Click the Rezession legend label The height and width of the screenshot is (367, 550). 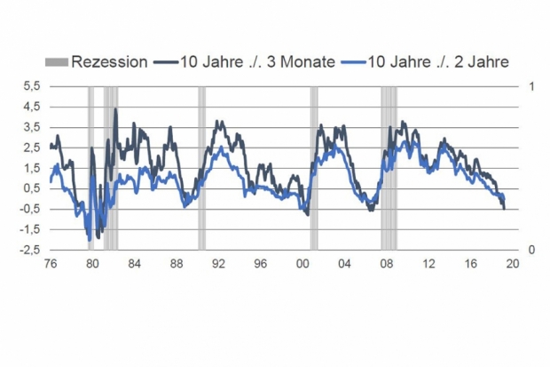109,62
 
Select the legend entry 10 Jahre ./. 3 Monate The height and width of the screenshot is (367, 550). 245,62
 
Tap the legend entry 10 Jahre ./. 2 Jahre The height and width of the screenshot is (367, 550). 426,62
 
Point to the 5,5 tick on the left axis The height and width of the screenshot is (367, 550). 32,86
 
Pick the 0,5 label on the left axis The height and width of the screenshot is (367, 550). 32,188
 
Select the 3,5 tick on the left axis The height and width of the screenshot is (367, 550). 32,127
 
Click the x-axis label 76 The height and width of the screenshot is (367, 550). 51,263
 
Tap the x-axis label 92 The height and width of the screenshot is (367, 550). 218,263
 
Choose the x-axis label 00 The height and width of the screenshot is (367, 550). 302,263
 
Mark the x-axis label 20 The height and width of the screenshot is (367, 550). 513,263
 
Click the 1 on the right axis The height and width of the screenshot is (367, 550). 531,86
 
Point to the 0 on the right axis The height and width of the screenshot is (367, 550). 531,250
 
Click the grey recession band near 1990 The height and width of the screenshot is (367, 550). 201,168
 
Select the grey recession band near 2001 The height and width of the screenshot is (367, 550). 314,168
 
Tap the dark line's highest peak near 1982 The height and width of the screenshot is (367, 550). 115,109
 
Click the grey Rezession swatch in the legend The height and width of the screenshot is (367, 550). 57,62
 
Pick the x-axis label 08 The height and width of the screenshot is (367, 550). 387,263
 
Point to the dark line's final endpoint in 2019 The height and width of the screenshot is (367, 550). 505,209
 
